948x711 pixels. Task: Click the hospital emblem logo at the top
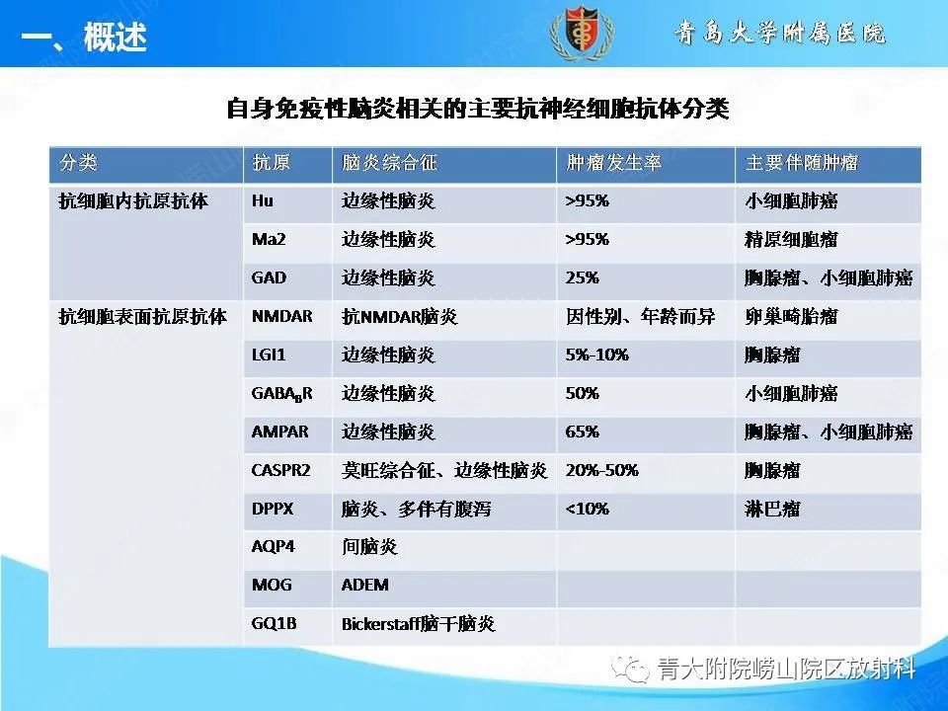coord(581,34)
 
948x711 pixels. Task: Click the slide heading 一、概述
coord(83,38)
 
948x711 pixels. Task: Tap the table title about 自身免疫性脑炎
coord(478,108)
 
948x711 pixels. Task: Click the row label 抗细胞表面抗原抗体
coord(142,317)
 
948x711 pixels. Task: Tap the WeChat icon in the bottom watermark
coord(631,671)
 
